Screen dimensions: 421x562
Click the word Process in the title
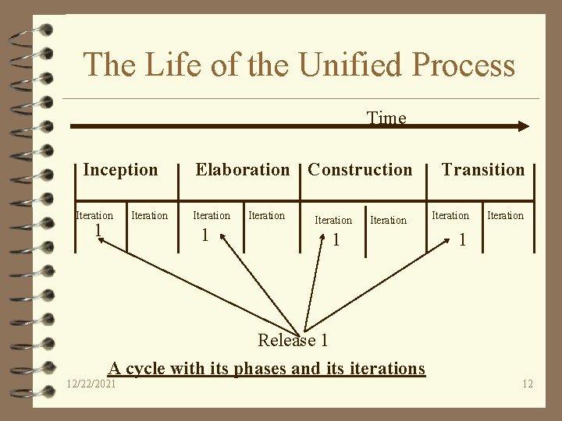coord(464,64)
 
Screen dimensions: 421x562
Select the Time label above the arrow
coord(386,118)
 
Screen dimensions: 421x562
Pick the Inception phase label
coord(120,169)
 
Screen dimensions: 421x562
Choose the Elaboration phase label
coord(242,169)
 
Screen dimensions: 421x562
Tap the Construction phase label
coord(360,169)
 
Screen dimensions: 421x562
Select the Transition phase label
coord(483,169)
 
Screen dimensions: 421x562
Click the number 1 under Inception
coord(98,230)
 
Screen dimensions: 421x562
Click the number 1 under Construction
coord(336,239)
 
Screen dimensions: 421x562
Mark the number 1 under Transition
coord(462,239)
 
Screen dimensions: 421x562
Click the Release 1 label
coord(293,340)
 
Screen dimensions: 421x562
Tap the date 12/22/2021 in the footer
coord(92,384)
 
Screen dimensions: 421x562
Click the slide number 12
coord(528,384)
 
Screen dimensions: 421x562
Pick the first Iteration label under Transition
coord(450,215)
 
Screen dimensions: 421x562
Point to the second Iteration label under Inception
coord(149,215)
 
